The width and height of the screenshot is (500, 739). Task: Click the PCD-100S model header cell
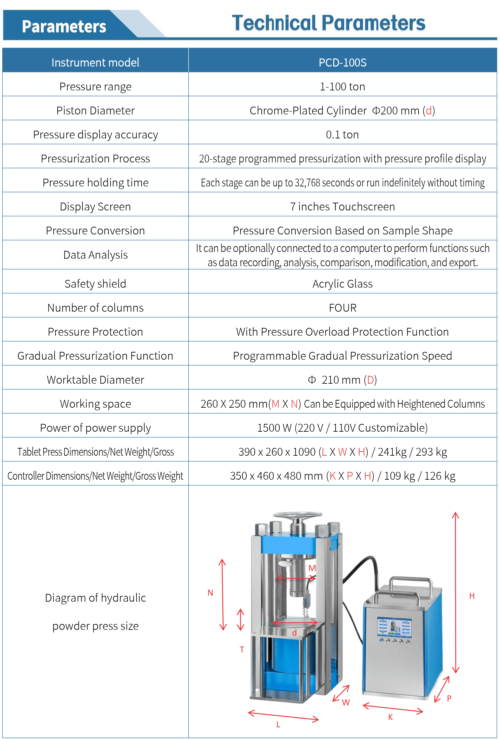coord(342,62)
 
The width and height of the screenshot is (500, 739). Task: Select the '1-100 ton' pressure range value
coord(342,87)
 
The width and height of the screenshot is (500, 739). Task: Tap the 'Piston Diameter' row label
coord(95,110)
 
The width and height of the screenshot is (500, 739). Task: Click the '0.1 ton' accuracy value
coord(342,135)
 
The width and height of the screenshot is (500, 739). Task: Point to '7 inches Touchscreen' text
coord(342,206)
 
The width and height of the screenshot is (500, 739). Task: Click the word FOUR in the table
coord(342,308)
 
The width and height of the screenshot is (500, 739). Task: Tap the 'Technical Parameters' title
coord(328,23)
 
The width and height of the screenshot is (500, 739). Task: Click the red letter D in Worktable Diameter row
coord(370,380)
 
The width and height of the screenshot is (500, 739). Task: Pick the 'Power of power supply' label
coord(95,428)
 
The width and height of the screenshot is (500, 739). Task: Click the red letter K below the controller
coord(390,717)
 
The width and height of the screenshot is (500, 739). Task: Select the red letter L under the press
coord(278,724)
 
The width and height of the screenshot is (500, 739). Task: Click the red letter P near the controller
coord(449,698)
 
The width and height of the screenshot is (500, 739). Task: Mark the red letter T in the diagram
coord(242,649)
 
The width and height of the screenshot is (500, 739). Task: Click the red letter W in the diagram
coord(346,702)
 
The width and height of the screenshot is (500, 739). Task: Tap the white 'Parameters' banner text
coord(64,26)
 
